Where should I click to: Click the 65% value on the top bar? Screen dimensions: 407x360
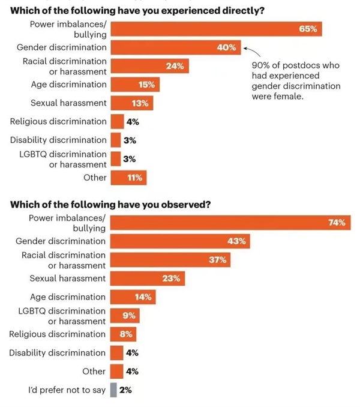coord(308,29)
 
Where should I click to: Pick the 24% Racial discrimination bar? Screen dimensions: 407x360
coord(150,66)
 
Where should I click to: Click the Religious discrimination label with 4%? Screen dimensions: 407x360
coord(58,122)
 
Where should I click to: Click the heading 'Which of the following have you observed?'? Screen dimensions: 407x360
coord(110,204)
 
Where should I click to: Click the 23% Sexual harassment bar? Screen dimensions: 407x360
coord(148,279)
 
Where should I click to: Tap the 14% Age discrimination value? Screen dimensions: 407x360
coord(143,297)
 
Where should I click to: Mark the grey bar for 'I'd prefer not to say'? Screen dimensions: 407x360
coord(113,390)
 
